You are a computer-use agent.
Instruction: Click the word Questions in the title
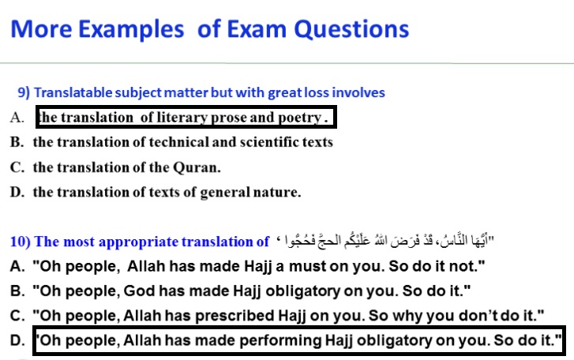tap(352, 30)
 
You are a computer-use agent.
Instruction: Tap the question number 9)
tap(24, 92)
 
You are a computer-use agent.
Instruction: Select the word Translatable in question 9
tap(73, 92)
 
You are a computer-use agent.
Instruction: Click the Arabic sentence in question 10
tap(385, 240)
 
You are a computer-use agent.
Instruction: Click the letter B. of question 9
tap(17, 142)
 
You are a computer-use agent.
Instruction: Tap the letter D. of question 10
tap(17, 340)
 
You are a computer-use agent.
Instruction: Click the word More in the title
tap(41, 29)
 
